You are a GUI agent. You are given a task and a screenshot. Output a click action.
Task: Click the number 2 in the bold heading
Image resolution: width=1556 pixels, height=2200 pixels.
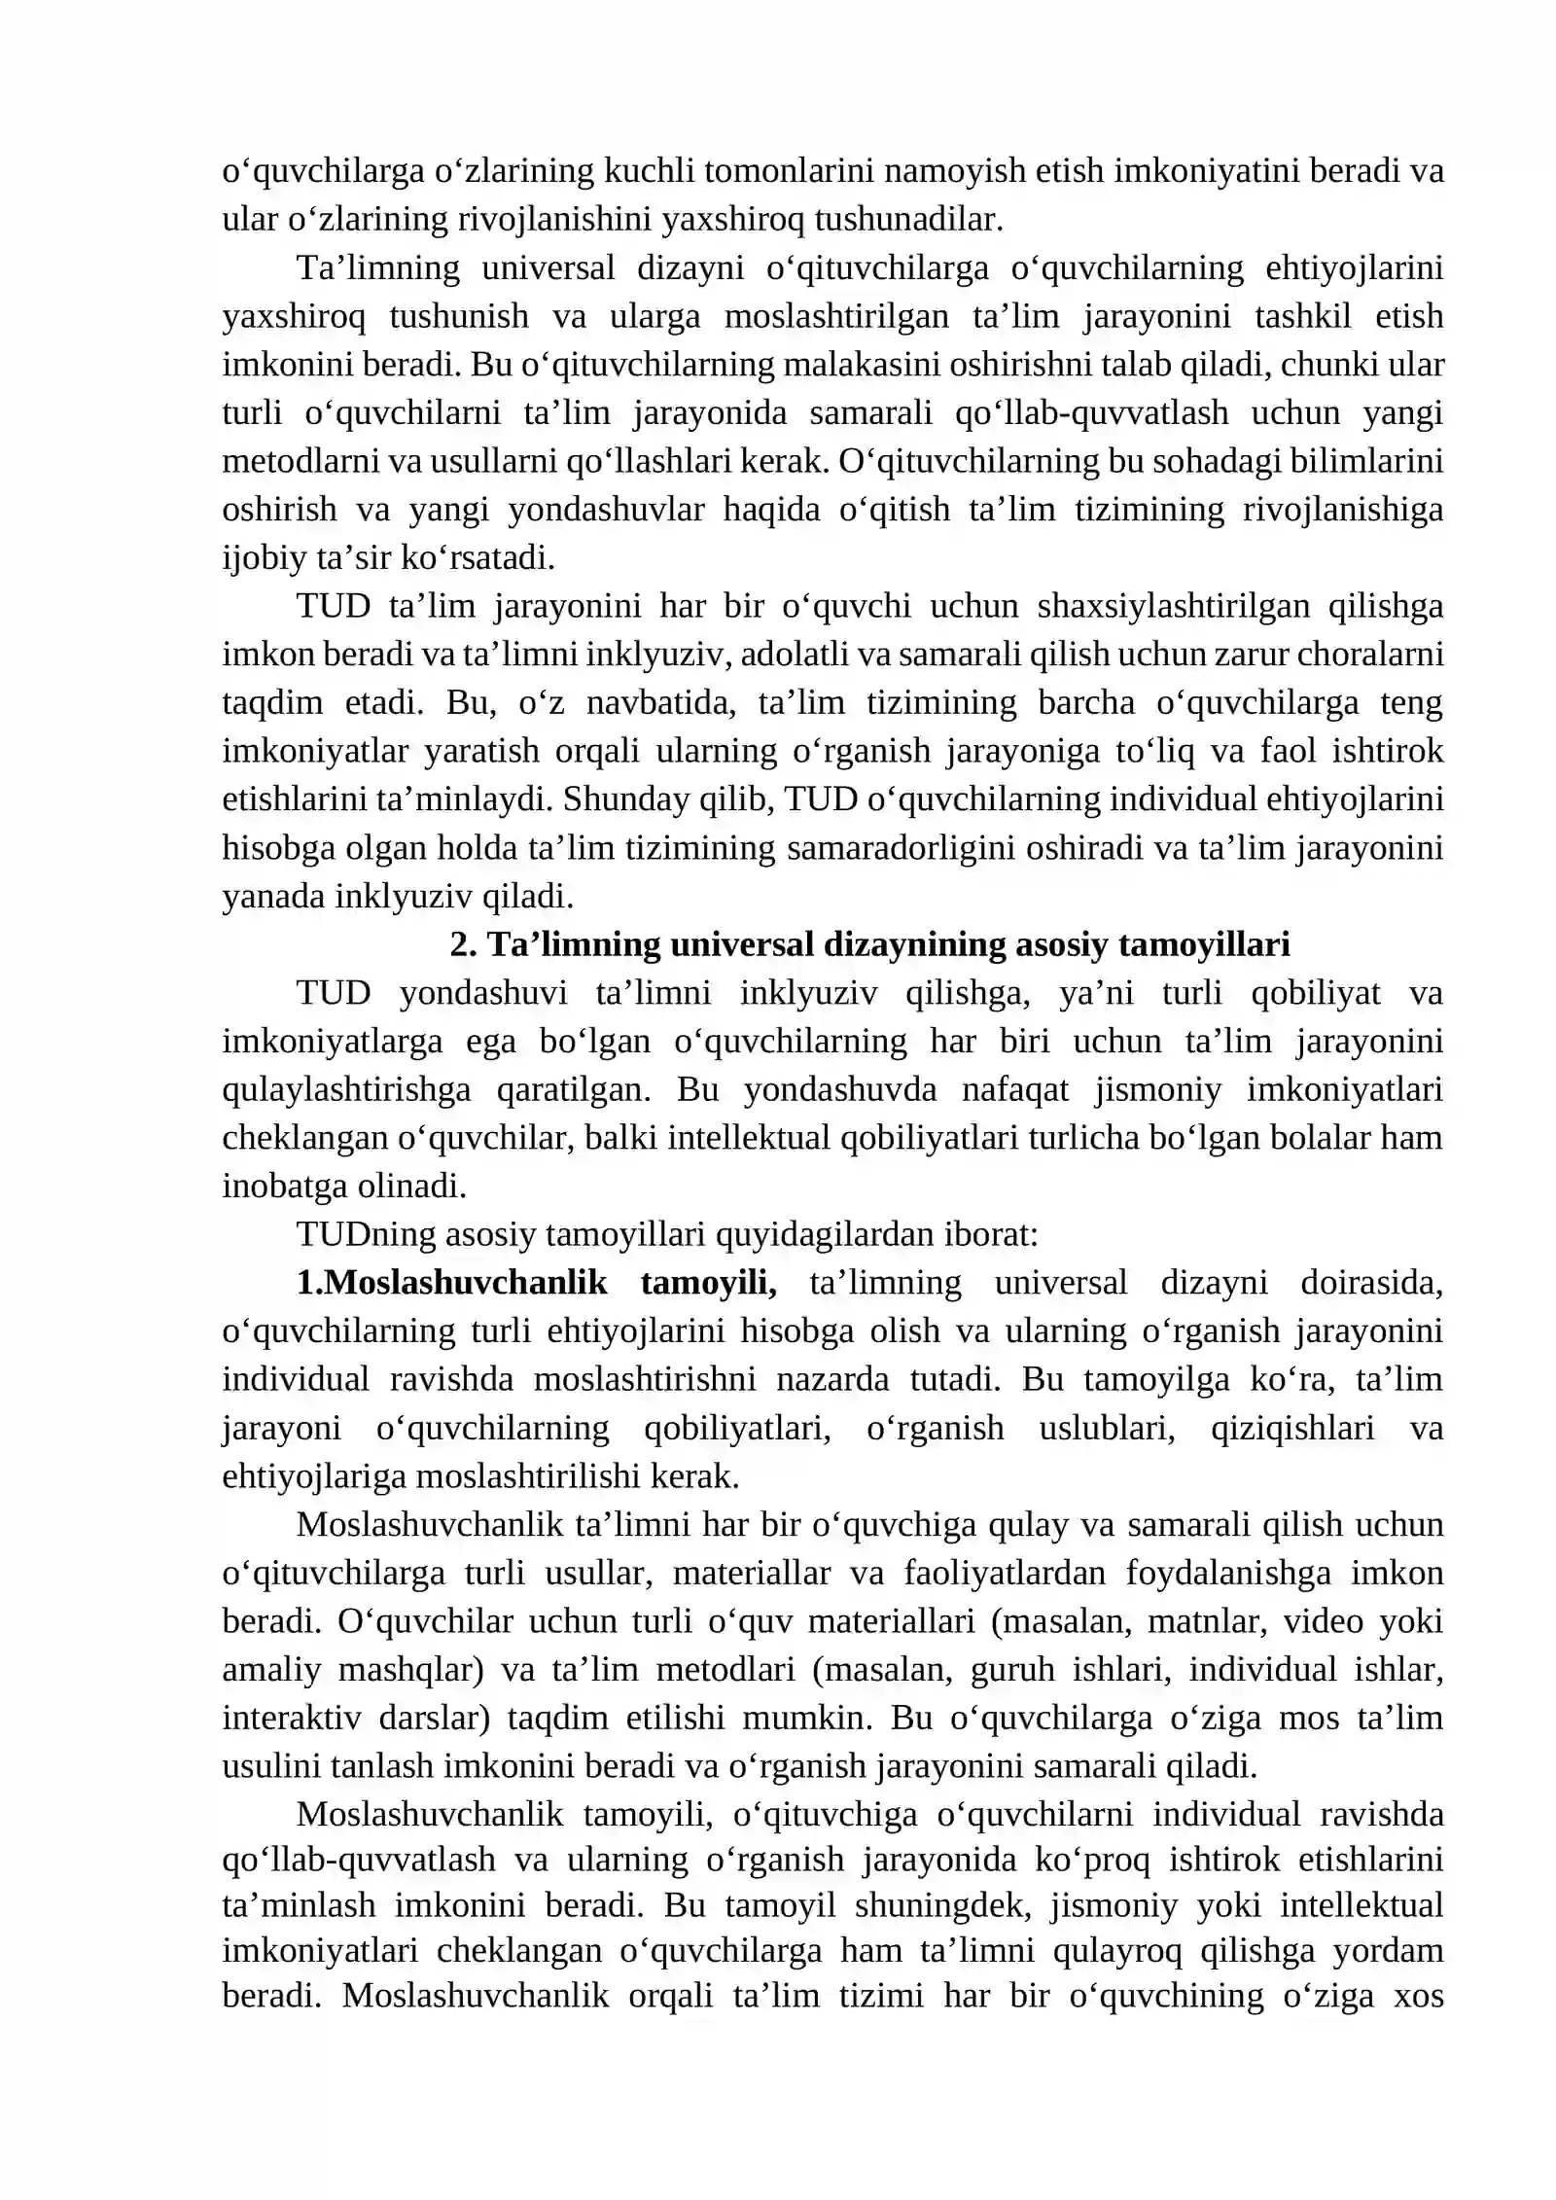pyautogui.click(x=458, y=944)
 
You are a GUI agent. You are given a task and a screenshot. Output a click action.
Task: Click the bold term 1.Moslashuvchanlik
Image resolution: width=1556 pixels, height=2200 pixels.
pyautogui.click(x=451, y=1283)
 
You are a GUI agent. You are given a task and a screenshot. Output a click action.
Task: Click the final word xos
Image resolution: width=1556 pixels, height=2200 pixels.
pyautogui.click(x=1419, y=1996)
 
